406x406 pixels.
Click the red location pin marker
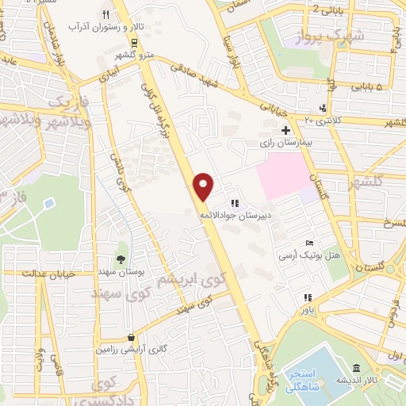[205, 186]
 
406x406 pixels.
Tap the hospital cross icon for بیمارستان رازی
[285, 129]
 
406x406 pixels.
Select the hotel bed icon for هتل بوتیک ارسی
[308, 242]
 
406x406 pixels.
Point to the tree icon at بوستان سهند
[121, 259]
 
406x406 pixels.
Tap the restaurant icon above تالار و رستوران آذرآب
[105, 16]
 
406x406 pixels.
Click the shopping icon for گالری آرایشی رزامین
[131, 337]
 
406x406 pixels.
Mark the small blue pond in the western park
[49, 203]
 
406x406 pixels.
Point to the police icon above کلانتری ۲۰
[323, 108]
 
